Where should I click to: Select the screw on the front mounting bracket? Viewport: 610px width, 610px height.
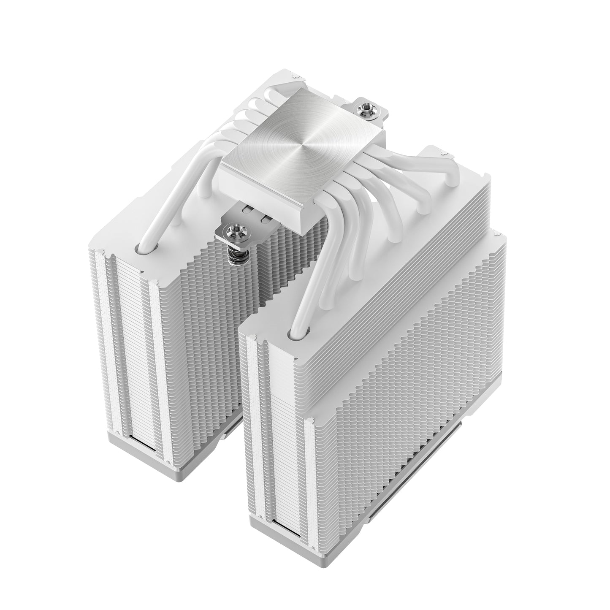231,230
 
